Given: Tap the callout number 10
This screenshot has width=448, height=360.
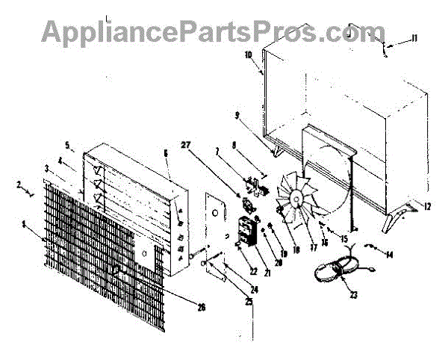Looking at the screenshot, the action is (249, 55).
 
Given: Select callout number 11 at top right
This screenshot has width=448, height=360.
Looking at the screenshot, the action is (415, 38).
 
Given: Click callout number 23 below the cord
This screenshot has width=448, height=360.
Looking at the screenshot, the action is (353, 294).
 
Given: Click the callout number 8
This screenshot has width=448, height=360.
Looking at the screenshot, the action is (234, 146).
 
